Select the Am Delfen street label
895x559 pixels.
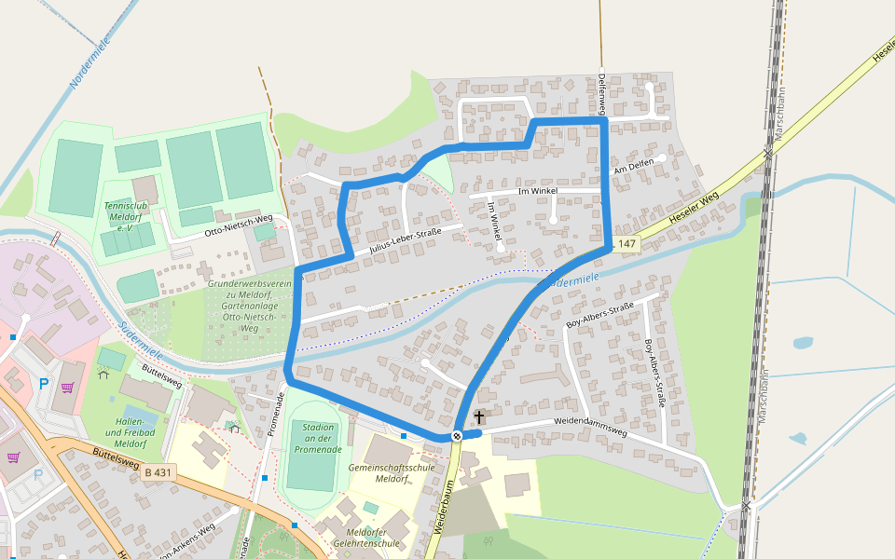(632, 167)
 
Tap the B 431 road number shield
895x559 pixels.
(158, 473)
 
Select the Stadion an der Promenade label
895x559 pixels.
(318, 438)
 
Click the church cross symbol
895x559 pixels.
(479, 416)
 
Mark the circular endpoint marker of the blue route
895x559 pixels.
(457, 436)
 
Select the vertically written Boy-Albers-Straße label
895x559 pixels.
(654, 373)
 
